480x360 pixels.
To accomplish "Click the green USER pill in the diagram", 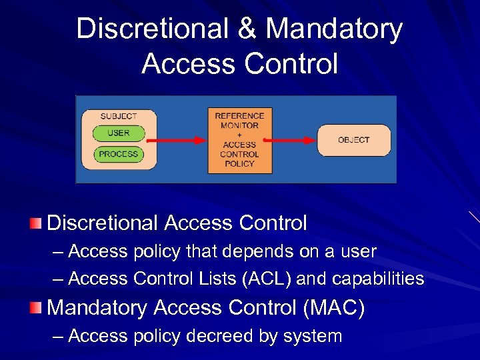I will point(118,133).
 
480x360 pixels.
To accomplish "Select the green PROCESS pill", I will point(118,154).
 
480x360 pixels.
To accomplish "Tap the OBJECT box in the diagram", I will point(353,140).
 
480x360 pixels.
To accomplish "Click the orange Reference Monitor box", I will point(239,140).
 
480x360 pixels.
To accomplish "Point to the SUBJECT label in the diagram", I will point(119,116).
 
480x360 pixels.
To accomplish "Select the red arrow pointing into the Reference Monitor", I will point(177,140).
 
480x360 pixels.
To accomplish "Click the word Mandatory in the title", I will point(334,29).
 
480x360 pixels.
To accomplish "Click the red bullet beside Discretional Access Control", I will point(36,223).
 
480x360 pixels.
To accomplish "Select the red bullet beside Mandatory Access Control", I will point(36,307).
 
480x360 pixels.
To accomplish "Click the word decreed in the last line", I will point(217,337).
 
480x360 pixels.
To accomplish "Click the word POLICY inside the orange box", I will point(239,163).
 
